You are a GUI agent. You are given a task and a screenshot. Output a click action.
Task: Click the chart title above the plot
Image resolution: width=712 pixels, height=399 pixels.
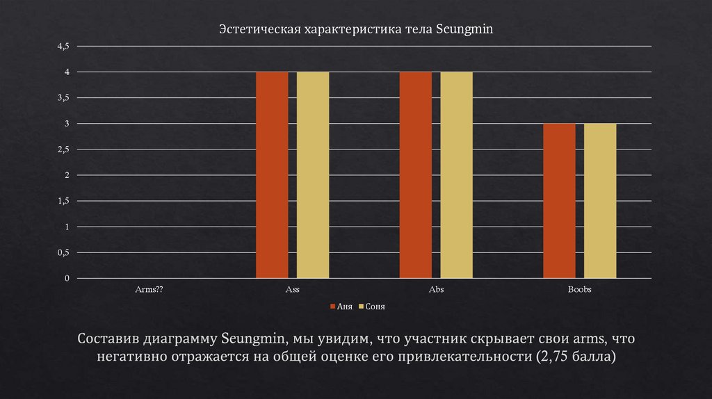coord(355,30)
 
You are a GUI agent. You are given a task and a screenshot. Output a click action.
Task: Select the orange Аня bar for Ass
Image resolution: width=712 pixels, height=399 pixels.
coord(272,174)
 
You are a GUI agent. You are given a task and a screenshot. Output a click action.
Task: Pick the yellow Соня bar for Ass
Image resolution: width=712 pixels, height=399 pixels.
coord(313,174)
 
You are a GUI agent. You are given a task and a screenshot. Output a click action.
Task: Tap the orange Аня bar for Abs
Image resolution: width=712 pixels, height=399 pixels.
coord(415,174)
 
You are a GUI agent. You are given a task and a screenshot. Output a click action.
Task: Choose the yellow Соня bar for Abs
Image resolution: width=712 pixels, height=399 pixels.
coord(456,174)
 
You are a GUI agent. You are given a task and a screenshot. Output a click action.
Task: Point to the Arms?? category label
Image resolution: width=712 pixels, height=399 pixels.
coord(148,289)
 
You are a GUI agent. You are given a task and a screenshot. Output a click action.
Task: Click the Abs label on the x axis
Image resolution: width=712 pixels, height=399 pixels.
coord(436,289)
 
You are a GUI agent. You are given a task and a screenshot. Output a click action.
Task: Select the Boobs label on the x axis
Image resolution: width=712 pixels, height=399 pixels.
coord(579,289)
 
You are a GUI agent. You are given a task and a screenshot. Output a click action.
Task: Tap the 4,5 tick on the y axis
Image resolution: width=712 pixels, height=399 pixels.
coord(64,47)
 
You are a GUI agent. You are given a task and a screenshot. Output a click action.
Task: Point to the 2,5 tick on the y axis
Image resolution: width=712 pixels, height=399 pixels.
coord(64,149)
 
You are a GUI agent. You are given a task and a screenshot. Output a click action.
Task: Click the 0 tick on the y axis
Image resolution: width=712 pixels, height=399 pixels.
coord(67,278)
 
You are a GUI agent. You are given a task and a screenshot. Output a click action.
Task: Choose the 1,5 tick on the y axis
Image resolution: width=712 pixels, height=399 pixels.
coord(64,201)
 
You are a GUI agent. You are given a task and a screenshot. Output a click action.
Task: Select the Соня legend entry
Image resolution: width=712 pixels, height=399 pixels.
coord(375,306)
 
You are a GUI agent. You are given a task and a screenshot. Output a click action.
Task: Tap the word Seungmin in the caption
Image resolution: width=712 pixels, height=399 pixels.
coord(254,339)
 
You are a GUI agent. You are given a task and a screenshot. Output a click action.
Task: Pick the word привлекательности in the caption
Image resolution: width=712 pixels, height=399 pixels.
coord(453,357)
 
